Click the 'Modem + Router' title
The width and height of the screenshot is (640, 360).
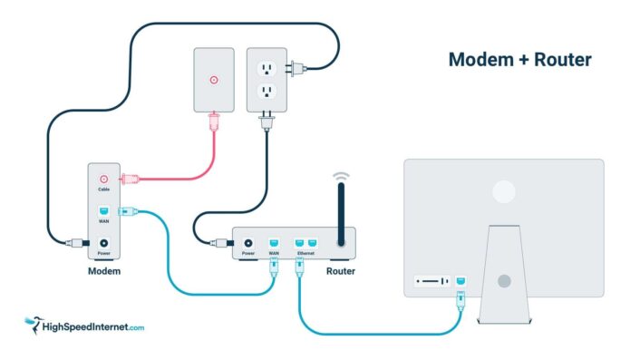[519, 60]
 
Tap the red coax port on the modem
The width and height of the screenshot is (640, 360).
[104, 180]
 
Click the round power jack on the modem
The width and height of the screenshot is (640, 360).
[104, 243]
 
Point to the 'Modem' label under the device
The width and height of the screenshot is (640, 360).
[104, 271]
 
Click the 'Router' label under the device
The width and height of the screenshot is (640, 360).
[340, 271]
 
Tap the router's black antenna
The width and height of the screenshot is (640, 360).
[341, 214]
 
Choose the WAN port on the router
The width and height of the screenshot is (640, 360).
[274, 242]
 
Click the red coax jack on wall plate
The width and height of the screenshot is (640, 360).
[214, 79]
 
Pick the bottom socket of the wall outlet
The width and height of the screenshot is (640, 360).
[267, 92]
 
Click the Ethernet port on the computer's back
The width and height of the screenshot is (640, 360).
[461, 282]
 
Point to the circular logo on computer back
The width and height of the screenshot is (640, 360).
[503, 190]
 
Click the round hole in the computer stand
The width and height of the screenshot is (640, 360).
[503, 282]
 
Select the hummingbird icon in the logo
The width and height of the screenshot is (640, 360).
[34, 324]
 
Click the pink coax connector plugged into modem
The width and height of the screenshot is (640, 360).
[130, 180]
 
